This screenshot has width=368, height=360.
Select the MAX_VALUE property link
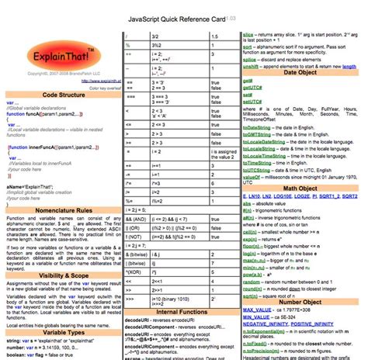[266, 310]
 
